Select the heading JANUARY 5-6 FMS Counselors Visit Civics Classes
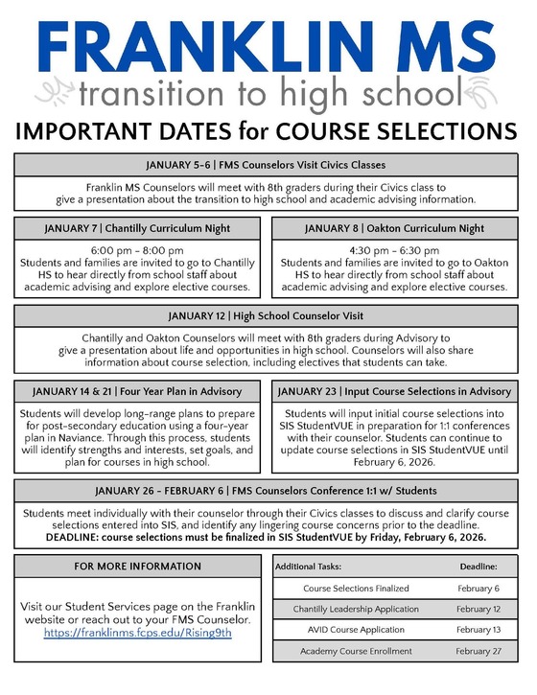pyautogui.click(x=268, y=164)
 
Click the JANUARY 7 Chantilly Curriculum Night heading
pyautogui.click(x=137, y=229)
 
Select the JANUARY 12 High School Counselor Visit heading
pyautogui.click(x=268, y=316)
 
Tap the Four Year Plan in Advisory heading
pyautogui.click(x=137, y=391)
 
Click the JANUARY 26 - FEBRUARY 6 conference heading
pyautogui.click(x=268, y=492)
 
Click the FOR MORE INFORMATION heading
pyautogui.click(x=137, y=567)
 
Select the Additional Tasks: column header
pyautogui.click(x=307, y=568)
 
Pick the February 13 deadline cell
pyautogui.click(x=478, y=630)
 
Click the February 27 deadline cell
pyautogui.click(x=478, y=651)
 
